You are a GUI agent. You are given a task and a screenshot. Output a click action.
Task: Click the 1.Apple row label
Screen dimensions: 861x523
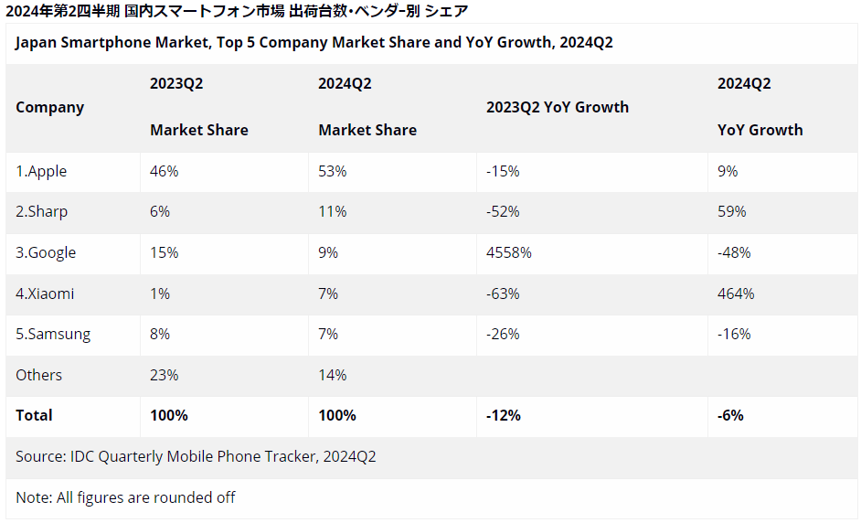point(41,171)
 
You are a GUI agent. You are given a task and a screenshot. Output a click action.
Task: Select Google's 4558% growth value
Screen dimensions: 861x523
point(508,252)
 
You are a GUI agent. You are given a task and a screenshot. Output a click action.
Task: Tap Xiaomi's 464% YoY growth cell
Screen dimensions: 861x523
point(736,294)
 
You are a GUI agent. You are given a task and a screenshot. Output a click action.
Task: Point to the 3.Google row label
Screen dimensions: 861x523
point(46,253)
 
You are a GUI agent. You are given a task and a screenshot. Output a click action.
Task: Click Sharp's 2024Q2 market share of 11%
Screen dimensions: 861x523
point(332,212)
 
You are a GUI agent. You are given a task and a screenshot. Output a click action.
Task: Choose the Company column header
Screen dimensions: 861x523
point(50,108)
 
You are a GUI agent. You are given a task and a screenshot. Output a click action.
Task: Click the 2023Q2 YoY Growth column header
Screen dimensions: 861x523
point(558,107)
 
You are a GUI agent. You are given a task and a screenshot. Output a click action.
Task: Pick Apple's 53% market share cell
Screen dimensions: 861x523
point(332,171)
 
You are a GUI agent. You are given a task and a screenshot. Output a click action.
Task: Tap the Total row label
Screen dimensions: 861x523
point(34,415)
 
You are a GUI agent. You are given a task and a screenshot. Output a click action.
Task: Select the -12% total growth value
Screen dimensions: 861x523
point(503,415)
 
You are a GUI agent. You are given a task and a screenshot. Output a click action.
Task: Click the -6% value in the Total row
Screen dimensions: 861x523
point(730,415)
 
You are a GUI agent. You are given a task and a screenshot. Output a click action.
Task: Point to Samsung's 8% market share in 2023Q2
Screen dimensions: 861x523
point(160,334)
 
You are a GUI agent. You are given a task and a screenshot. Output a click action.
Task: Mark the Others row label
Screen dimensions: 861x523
point(39,375)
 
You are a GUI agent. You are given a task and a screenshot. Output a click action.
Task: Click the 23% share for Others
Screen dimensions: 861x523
point(165,375)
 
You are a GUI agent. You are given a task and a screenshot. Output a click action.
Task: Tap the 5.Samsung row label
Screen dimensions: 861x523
point(53,335)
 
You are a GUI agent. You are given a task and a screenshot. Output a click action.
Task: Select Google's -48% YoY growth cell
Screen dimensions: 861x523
point(734,252)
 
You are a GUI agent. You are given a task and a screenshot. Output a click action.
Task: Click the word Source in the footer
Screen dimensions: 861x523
point(39,456)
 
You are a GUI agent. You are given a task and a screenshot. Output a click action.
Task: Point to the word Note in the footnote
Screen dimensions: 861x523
point(34,497)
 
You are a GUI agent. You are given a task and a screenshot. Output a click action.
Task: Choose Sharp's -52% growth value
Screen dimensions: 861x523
point(503,212)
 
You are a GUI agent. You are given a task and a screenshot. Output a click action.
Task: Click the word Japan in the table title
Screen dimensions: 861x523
point(36,43)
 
